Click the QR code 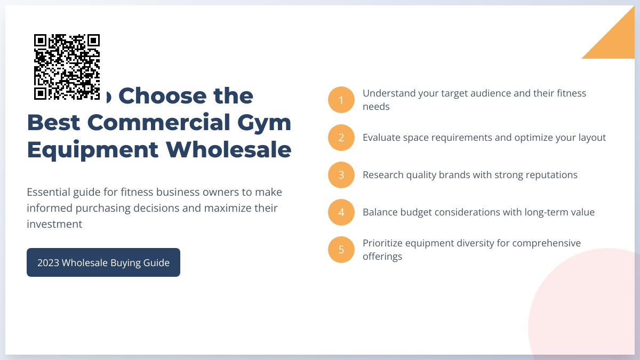pyautogui.click(x=67, y=67)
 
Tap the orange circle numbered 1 pyautogui.click(x=341, y=100)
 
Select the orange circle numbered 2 pyautogui.click(x=341, y=138)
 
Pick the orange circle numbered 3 pyautogui.click(x=341, y=175)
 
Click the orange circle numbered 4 pyautogui.click(x=341, y=212)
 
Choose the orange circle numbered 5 pyautogui.click(x=341, y=250)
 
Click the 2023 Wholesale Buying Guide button pyautogui.click(x=103, y=262)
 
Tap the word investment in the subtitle pyautogui.click(x=54, y=224)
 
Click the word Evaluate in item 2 pyautogui.click(x=382, y=138)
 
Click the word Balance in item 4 pyautogui.click(x=379, y=212)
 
